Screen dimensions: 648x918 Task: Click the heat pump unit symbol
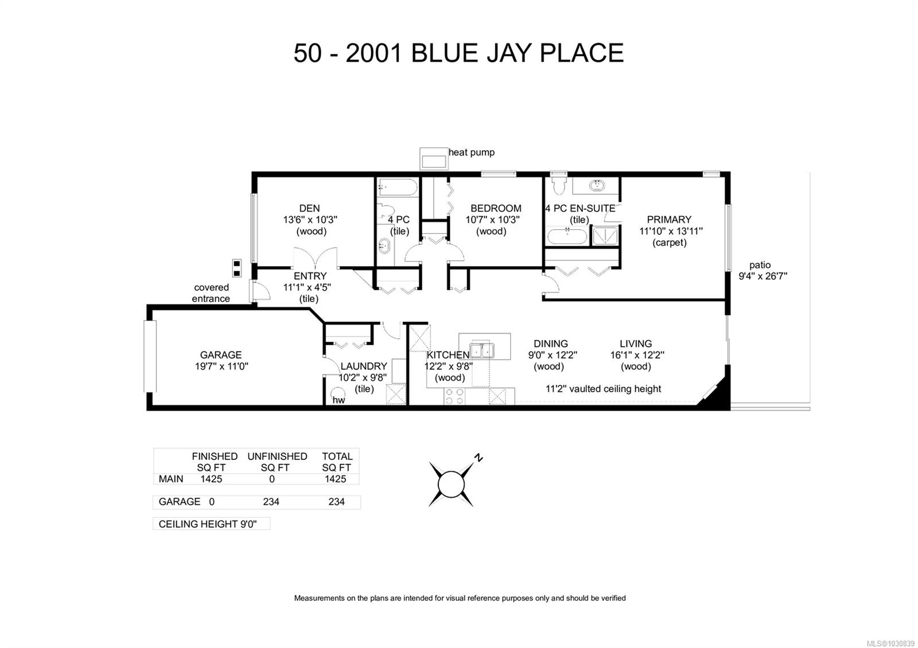(x=434, y=159)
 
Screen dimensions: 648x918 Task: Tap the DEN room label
(x=309, y=208)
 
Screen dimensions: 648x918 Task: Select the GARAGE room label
(x=220, y=355)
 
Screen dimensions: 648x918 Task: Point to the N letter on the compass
(x=478, y=458)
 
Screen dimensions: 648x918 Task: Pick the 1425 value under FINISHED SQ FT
(x=211, y=479)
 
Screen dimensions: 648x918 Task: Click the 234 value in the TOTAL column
(x=336, y=502)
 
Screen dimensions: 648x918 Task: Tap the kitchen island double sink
(x=482, y=350)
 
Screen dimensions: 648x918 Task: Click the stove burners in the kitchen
(x=455, y=396)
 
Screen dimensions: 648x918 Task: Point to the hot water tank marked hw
(x=338, y=395)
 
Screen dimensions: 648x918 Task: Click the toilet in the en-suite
(x=558, y=185)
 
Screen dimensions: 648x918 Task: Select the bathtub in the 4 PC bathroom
(x=398, y=187)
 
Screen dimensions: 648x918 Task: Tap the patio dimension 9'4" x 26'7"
(x=763, y=276)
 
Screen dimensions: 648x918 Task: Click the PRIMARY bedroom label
(x=669, y=220)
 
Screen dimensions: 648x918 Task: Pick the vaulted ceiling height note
(x=603, y=389)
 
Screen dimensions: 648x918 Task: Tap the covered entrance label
(x=211, y=293)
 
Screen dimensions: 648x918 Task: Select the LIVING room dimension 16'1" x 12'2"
(x=637, y=356)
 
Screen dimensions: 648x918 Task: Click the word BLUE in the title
(x=445, y=53)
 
